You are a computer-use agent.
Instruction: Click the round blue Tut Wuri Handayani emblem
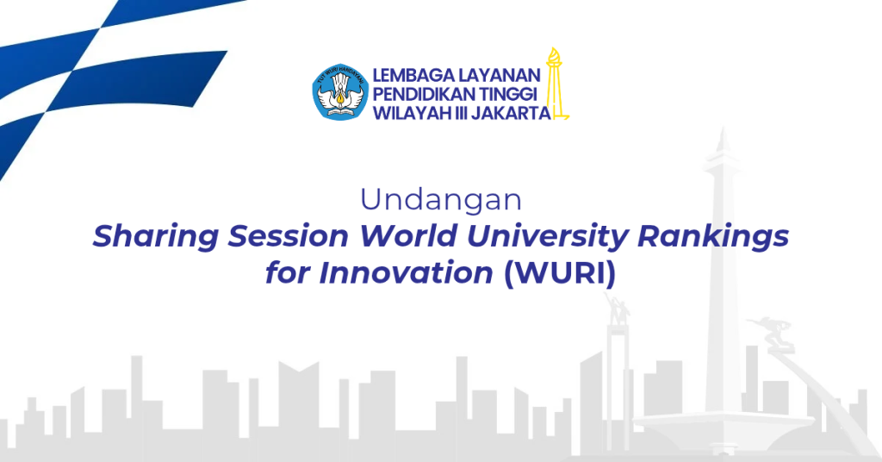click(339, 91)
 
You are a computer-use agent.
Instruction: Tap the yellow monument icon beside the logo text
click(556, 84)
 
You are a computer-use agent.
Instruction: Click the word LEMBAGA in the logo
click(412, 75)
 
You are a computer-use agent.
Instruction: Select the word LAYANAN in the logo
click(498, 75)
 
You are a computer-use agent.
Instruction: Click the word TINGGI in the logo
click(508, 94)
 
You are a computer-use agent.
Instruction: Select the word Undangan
click(441, 200)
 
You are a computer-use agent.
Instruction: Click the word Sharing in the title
click(156, 237)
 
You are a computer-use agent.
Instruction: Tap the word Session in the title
click(288, 236)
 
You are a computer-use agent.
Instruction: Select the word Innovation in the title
click(407, 273)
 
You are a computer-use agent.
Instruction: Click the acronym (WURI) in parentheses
click(560, 274)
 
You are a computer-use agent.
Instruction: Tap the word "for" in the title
click(288, 273)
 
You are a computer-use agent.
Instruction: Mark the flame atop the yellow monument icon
click(554, 56)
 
